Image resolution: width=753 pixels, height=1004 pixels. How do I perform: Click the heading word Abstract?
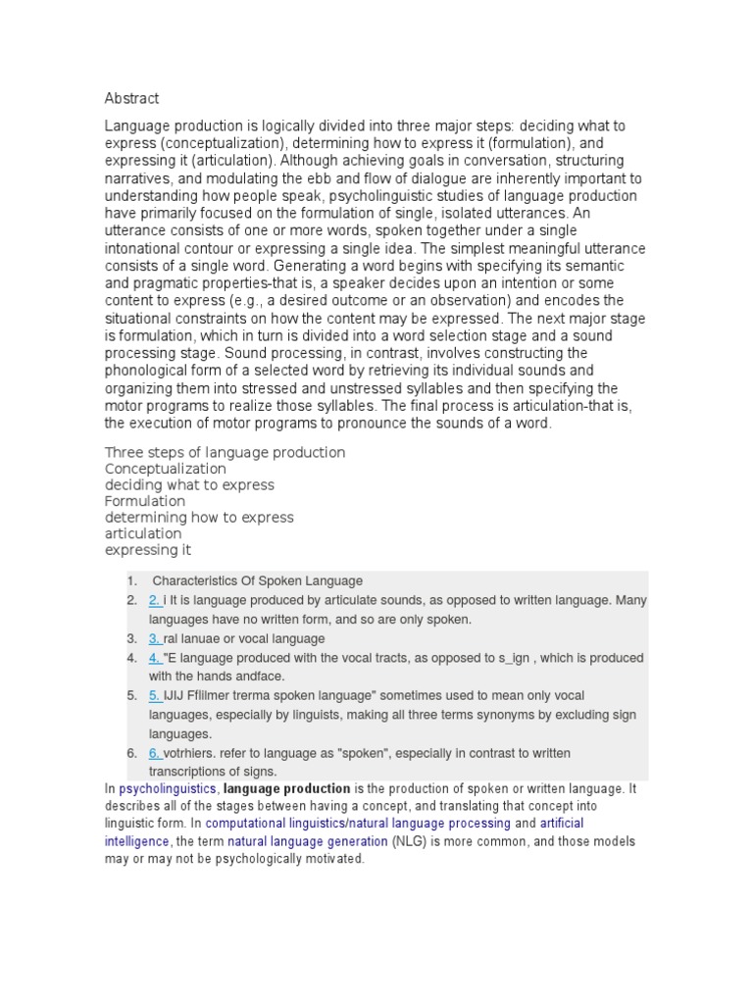(131, 98)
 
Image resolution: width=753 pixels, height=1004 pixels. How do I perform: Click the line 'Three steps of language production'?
(225, 453)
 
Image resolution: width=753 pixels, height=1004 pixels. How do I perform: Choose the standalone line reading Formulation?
(145, 501)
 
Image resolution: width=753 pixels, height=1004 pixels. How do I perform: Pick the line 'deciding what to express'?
(189, 485)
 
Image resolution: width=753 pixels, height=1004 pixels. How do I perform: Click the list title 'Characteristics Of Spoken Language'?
(257, 580)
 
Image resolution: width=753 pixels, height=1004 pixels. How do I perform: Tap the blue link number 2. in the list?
(155, 600)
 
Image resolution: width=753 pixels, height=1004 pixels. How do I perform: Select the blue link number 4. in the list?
(155, 658)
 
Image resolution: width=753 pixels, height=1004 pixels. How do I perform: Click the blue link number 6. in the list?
(155, 753)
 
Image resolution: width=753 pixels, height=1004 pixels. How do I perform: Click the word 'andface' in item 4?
(265, 677)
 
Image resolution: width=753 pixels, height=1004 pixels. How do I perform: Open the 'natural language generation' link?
(308, 841)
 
